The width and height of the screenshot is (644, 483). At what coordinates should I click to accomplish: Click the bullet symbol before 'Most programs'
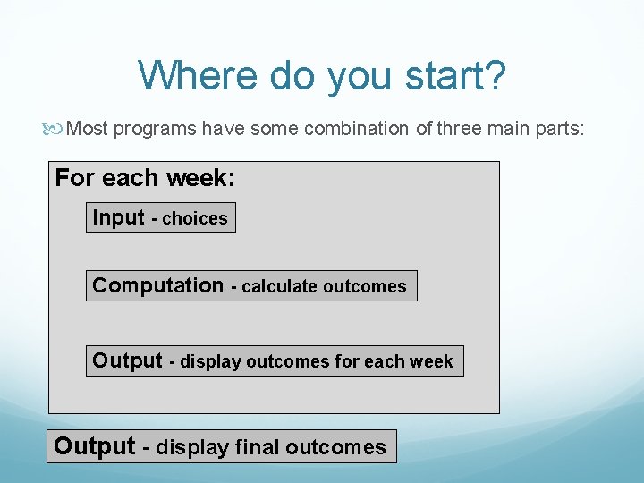click(57, 129)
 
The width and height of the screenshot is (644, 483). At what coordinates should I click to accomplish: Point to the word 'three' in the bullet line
click(458, 129)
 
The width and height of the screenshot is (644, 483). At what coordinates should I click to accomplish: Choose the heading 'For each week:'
click(145, 178)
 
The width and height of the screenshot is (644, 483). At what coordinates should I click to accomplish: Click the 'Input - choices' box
click(160, 217)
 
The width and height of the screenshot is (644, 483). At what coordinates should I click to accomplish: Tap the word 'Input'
click(118, 217)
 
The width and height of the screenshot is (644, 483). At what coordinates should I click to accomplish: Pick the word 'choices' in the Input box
click(195, 218)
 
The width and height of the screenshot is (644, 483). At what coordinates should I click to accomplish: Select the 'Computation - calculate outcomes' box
click(250, 285)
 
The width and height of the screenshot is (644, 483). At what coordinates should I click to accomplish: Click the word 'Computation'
click(158, 285)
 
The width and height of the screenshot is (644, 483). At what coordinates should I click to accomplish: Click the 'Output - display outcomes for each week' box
click(274, 360)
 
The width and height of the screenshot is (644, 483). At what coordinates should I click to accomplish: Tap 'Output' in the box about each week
click(127, 360)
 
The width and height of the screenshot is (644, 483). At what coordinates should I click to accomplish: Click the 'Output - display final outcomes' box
click(221, 445)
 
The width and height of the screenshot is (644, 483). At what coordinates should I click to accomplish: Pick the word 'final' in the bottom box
click(258, 446)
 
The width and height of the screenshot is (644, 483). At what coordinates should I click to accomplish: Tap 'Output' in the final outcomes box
click(95, 445)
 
